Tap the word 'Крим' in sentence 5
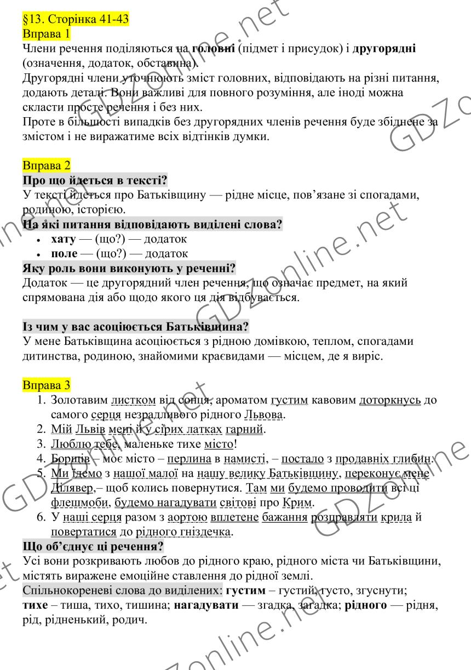coord(299,502)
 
